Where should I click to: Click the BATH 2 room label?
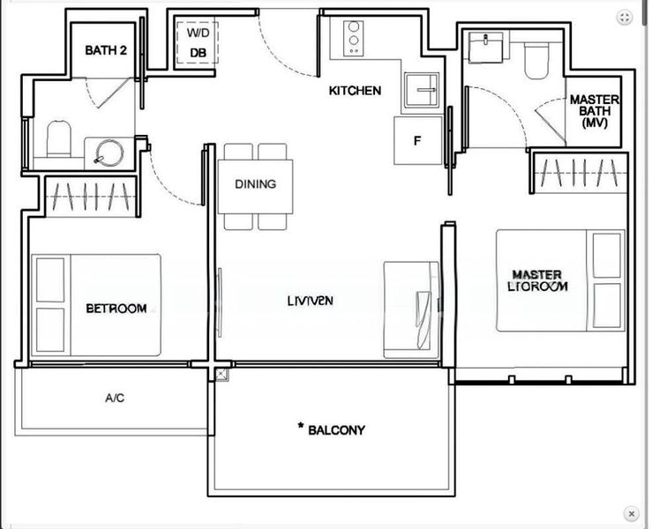(x=106, y=50)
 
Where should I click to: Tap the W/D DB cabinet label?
(x=199, y=42)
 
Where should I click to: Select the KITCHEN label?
(x=355, y=91)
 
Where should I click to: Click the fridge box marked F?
(x=417, y=140)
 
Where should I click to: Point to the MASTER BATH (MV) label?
(x=594, y=112)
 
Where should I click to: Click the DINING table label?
(x=255, y=184)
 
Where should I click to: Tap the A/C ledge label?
(x=114, y=399)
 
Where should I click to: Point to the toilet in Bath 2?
(x=58, y=139)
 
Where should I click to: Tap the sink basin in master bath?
(x=484, y=48)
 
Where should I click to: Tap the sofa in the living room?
(x=411, y=309)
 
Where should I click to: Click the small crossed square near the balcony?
(x=220, y=375)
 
